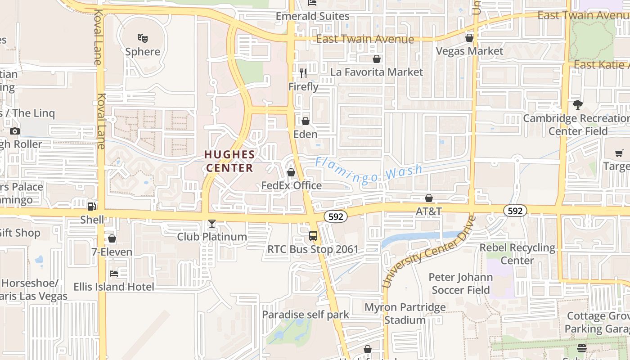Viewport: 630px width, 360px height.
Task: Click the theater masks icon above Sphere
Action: (143, 38)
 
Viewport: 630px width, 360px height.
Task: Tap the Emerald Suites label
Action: (312, 16)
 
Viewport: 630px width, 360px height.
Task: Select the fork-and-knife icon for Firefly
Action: (303, 73)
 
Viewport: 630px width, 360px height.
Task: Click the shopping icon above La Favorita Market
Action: (377, 59)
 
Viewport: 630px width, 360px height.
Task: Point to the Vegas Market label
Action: (469, 51)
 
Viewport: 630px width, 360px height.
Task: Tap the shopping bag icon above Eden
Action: (306, 121)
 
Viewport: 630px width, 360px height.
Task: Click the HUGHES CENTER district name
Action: (229, 161)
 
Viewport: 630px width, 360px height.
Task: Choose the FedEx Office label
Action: (292, 185)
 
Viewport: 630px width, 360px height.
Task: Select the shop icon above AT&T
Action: (429, 198)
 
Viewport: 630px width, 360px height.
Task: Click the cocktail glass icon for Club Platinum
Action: (212, 224)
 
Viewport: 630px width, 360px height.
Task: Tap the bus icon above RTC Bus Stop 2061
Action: (313, 236)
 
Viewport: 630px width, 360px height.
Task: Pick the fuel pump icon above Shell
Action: (92, 206)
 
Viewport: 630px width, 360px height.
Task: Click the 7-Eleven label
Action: (112, 252)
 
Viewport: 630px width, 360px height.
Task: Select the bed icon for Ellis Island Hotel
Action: (114, 273)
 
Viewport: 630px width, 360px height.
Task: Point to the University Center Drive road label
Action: (428, 252)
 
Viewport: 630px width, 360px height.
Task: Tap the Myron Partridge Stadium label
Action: (405, 314)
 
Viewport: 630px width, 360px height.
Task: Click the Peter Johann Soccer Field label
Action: (461, 283)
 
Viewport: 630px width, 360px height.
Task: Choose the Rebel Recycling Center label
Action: (517, 254)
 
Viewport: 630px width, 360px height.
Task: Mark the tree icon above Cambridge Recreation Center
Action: (578, 105)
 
